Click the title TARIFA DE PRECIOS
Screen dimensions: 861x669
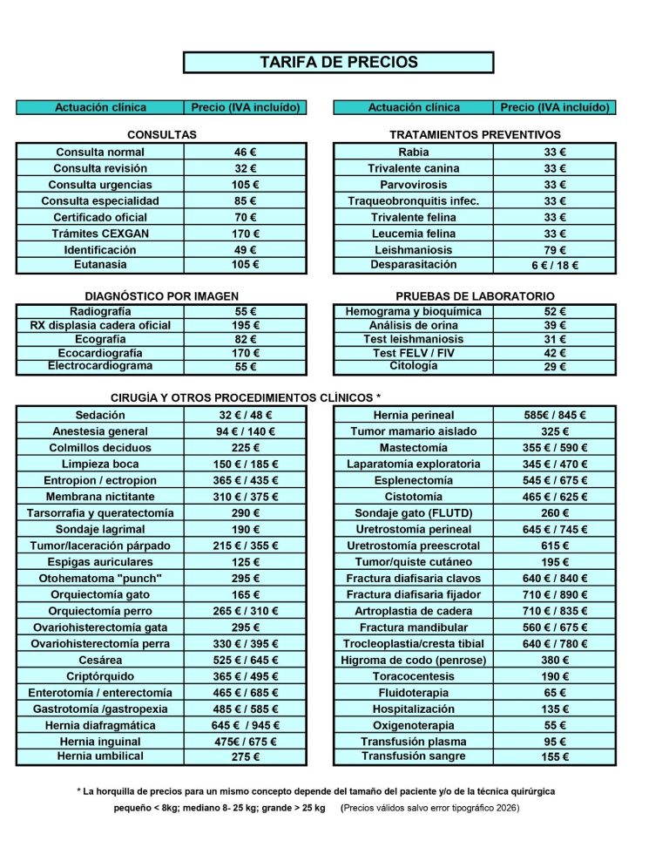point(338,63)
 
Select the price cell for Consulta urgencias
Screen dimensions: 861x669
point(246,185)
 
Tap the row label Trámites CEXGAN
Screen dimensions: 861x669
point(100,234)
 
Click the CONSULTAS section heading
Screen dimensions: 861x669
point(162,135)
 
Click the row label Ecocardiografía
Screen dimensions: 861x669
point(100,353)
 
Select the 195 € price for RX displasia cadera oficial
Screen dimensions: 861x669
point(246,325)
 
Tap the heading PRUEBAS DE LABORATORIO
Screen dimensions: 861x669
point(475,296)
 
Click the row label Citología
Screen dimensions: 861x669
point(414,366)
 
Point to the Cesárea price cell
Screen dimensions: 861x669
point(246,661)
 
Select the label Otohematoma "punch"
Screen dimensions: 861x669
point(100,579)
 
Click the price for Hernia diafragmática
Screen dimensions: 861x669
point(246,726)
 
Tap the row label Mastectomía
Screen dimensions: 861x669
point(414,448)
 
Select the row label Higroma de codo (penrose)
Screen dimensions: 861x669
point(414,661)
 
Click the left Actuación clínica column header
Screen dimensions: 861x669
point(100,108)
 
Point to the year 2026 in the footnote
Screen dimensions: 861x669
point(504,809)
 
